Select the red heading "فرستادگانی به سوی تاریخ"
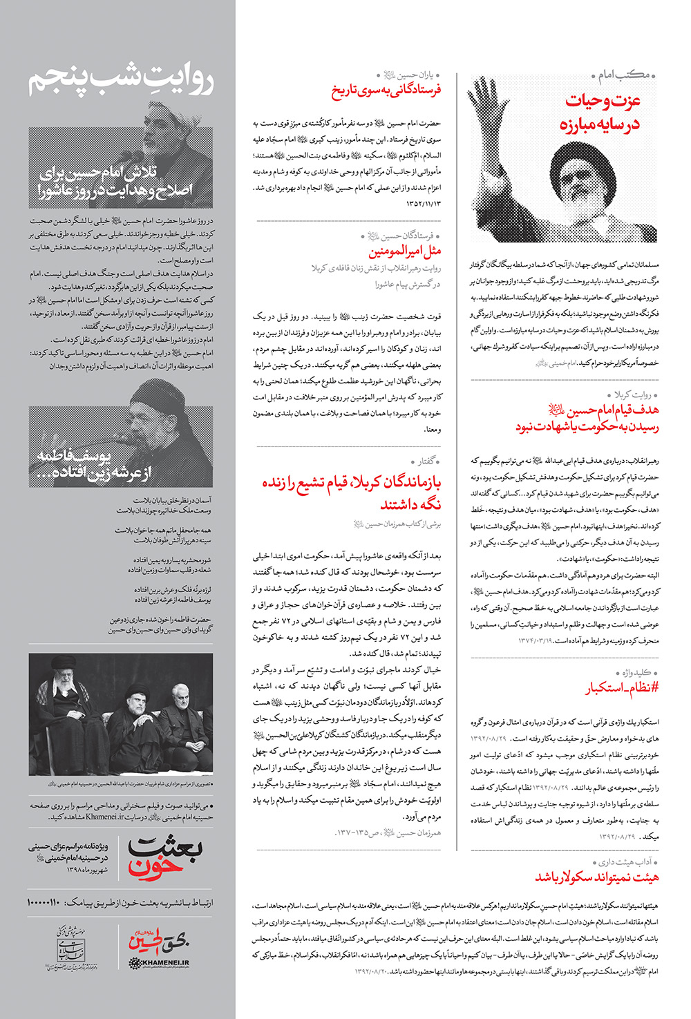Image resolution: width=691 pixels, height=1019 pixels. point(386,90)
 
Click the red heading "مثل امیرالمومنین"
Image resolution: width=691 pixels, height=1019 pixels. point(404,251)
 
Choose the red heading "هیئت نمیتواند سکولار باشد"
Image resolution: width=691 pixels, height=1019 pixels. point(596,877)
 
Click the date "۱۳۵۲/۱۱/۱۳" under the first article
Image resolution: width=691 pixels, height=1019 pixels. point(423,203)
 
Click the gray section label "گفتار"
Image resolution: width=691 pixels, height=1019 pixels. point(426,461)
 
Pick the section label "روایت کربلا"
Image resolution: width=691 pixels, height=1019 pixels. point(632,394)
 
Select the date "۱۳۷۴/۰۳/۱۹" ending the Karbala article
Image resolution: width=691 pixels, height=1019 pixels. point(536,640)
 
